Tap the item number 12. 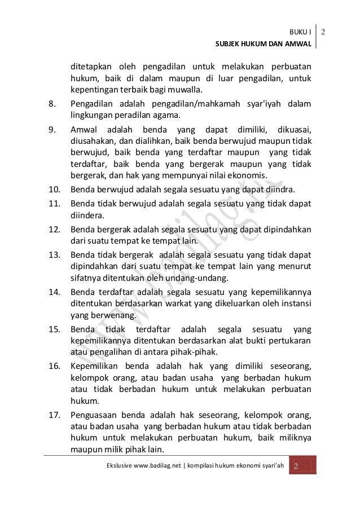[54, 230]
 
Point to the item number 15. [54, 329]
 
